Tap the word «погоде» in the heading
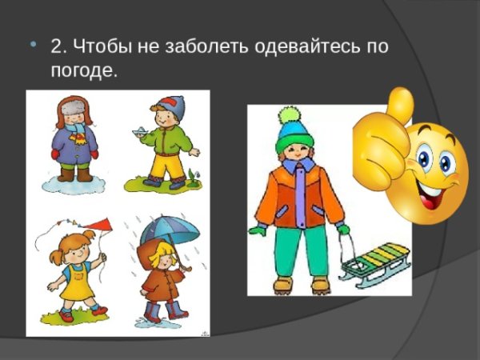[x=82, y=70]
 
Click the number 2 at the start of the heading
[x=56, y=46]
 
